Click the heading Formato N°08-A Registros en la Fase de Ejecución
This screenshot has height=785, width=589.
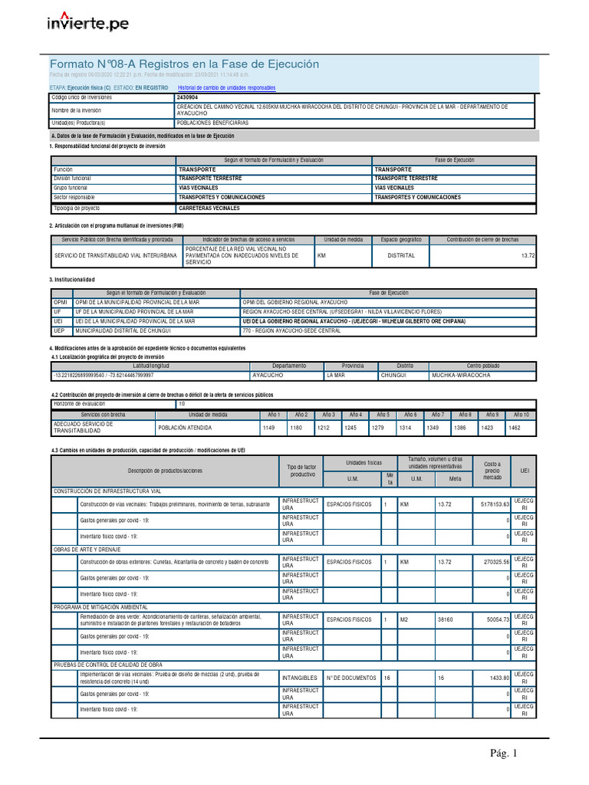click(184, 64)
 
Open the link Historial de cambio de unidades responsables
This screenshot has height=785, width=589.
click(226, 88)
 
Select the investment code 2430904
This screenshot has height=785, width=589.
click(187, 98)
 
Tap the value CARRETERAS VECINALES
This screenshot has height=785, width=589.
click(209, 208)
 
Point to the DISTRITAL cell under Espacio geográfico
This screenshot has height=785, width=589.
click(401, 255)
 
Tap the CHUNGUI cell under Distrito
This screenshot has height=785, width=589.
click(395, 376)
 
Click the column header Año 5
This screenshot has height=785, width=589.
click(382, 414)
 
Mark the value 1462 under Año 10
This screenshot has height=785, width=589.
click(515, 427)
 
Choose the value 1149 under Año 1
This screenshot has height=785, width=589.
click(269, 427)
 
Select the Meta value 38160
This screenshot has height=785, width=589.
click(446, 619)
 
